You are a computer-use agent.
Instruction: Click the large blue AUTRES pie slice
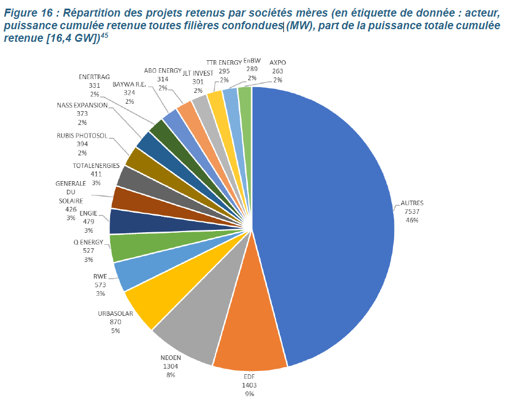[327, 218]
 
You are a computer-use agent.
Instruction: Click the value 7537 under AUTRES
[412, 211]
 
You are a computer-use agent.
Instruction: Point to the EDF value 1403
[250, 386]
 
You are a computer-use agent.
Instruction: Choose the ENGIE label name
[88, 213]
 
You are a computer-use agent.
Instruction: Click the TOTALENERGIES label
[96, 166]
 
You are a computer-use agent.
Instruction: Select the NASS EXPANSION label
[82, 105]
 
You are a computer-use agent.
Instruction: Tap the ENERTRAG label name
[94, 76]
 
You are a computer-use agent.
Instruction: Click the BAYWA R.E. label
[128, 84]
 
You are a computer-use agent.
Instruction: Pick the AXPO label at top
[278, 62]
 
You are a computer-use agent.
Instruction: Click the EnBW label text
[251, 61]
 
